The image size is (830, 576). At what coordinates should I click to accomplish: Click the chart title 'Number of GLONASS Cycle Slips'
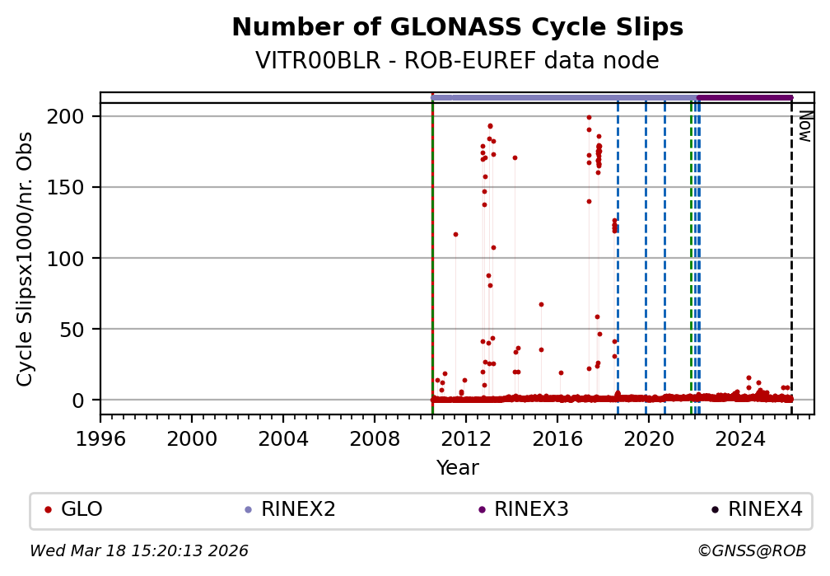457,28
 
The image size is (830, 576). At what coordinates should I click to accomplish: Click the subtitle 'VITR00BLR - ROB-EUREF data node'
457,61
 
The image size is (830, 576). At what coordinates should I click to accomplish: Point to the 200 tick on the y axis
73,116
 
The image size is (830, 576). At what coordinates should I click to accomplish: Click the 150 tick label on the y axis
73,187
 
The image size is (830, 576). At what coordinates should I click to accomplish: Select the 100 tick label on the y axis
73,258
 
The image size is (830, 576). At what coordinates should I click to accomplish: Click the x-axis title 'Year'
457,468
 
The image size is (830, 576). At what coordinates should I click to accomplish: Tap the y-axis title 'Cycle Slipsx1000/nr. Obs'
26,258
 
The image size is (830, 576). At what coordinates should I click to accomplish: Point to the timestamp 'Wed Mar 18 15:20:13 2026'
139,550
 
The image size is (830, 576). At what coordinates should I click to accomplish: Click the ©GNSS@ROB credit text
751,550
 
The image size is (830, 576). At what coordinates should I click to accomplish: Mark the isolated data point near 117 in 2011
455,234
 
